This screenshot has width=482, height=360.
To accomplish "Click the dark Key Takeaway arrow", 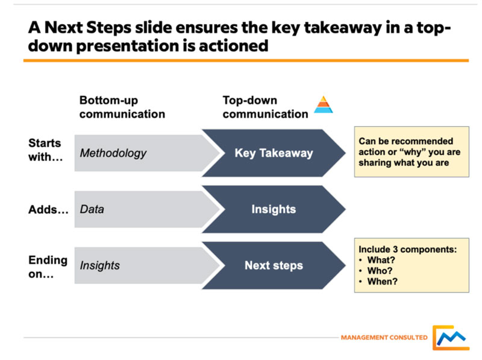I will [x=273, y=153].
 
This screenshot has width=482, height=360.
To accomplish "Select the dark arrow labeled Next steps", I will [x=273, y=265].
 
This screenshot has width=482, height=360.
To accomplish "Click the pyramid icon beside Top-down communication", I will [x=324, y=105].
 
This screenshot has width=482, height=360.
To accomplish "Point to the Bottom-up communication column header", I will [x=122, y=107].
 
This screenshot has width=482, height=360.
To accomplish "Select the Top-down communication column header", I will [x=265, y=107].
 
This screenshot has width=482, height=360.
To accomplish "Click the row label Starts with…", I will [x=45, y=150].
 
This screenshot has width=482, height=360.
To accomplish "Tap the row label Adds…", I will [x=48, y=210].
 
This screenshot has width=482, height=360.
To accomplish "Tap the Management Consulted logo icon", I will [x=450, y=338].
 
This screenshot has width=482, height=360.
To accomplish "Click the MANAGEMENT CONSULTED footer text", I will [x=384, y=338].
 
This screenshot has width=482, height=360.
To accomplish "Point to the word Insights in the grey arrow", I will [x=100, y=266].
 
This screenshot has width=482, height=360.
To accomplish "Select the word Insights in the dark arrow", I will [x=274, y=209].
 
